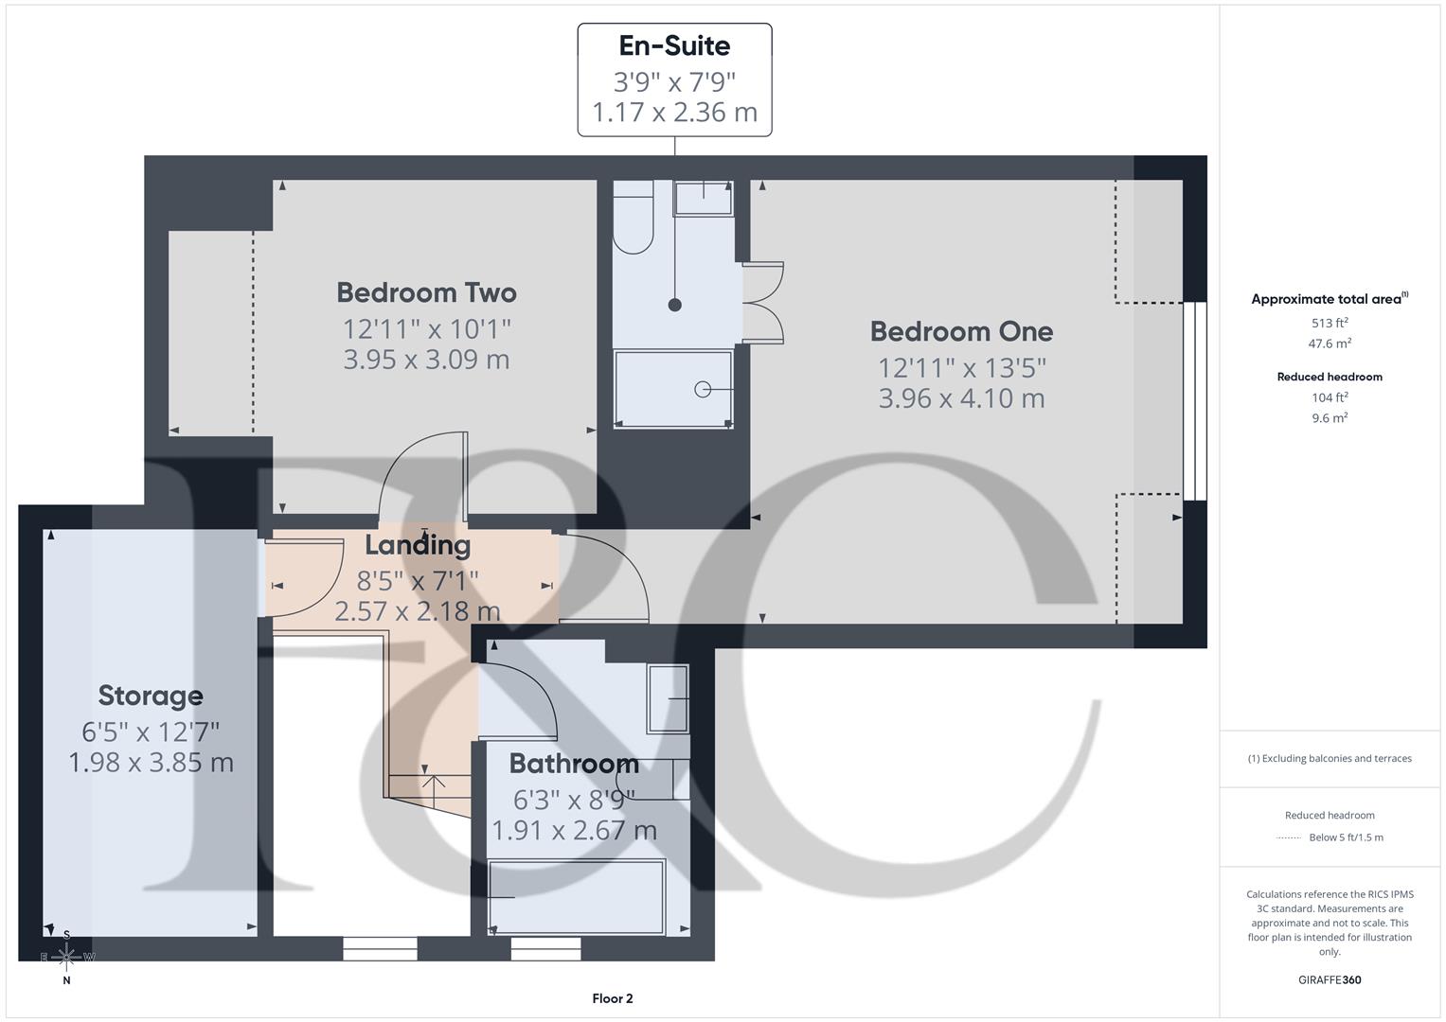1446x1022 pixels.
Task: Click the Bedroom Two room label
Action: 426,292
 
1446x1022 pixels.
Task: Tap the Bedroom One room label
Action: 961,331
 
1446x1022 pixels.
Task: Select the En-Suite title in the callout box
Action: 674,45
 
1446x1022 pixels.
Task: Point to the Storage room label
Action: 151,696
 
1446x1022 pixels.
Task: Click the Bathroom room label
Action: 574,764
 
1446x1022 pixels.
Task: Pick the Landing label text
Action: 418,545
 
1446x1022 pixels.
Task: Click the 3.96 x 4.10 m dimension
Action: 961,398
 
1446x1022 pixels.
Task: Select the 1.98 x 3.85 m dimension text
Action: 151,763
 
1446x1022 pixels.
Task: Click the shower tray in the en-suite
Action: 673,389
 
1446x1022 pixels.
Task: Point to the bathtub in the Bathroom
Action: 577,897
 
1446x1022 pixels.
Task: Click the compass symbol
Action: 66,958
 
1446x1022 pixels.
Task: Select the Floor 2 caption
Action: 613,998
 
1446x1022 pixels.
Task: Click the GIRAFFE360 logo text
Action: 1330,979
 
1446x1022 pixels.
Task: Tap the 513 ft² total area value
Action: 1330,323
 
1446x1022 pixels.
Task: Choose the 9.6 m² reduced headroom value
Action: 1330,417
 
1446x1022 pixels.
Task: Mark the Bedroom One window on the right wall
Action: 1195,400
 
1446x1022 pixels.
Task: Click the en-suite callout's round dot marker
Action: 675,305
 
